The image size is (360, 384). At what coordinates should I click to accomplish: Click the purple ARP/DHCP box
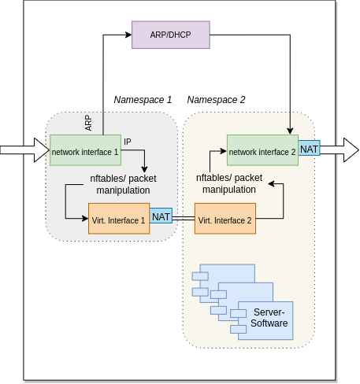click(171, 35)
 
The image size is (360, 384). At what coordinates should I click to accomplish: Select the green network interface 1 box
click(85, 150)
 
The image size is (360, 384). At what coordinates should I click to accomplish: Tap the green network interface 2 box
click(262, 150)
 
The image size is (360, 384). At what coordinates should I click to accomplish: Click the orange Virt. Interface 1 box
click(118, 220)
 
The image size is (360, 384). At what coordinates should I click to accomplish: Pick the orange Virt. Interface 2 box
click(225, 220)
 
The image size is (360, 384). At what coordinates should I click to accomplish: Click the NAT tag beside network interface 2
click(309, 149)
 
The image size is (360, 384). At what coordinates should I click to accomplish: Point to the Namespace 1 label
click(143, 100)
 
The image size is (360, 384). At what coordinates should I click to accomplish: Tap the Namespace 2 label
click(216, 100)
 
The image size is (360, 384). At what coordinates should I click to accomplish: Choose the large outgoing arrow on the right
click(340, 149)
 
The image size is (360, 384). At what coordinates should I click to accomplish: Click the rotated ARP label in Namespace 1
click(88, 124)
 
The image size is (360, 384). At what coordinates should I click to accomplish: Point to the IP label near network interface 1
click(128, 142)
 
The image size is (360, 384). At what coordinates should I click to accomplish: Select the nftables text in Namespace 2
click(229, 183)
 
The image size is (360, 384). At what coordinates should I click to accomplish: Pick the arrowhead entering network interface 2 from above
click(291, 130)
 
